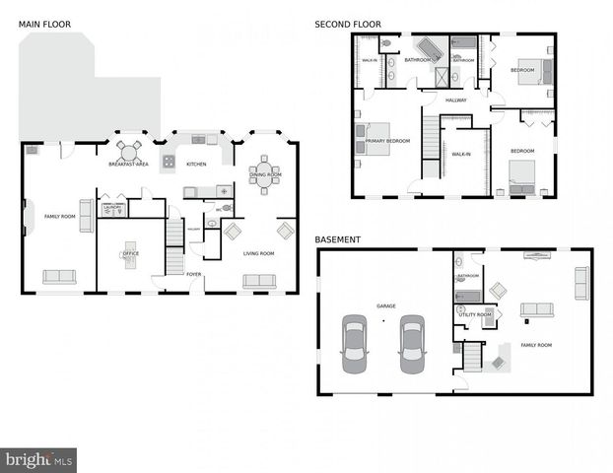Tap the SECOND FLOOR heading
click(348, 24)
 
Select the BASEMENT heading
click(337, 239)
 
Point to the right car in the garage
click(412, 345)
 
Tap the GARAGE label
click(386, 306)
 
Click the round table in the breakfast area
click(129, 151)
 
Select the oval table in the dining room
click(263, 175)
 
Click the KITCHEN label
click(196, 164)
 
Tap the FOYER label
click(194, 275)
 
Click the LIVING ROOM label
click(258, 253)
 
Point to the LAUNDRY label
click(113, 208)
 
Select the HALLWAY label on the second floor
click(455, 100)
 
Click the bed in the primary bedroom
click(375, 140)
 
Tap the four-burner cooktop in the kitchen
click(170, 161)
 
